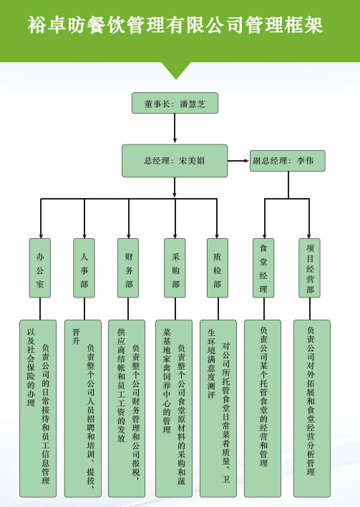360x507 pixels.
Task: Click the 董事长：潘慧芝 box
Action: (x=175, y=103)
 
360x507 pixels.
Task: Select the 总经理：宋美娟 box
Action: (x=175, y=161)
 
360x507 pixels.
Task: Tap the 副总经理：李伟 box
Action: (x=288, y=161)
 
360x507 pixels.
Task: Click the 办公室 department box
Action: (x=40, y=268)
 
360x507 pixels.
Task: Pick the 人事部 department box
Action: (x=84, y=268)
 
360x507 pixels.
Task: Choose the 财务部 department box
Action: (x=128, y=268)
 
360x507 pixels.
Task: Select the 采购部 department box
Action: (x=175, y=268)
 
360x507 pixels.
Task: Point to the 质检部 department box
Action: (x=218, y=268)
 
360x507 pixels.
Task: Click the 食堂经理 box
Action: (x=263, y=268)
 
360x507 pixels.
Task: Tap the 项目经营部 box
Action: (x=309, y=268)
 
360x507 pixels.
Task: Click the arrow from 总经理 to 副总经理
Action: (x=238, y=161)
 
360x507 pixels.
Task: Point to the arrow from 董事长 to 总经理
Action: (x=175, y=129)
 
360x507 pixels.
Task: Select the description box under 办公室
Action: (x=38, y=409)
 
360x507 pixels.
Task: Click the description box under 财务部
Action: (x=127, y=409)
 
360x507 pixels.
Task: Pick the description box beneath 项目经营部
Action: (x=312, y=409)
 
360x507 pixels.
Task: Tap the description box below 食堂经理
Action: (x=263, y=409)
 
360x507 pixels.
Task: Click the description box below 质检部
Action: (x=218, y=409)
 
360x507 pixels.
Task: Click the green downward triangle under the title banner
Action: (x=176, y=70)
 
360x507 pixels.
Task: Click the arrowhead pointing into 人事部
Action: (x=84, y=237)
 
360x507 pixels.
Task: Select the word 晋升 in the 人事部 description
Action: (x=76, y=337)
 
